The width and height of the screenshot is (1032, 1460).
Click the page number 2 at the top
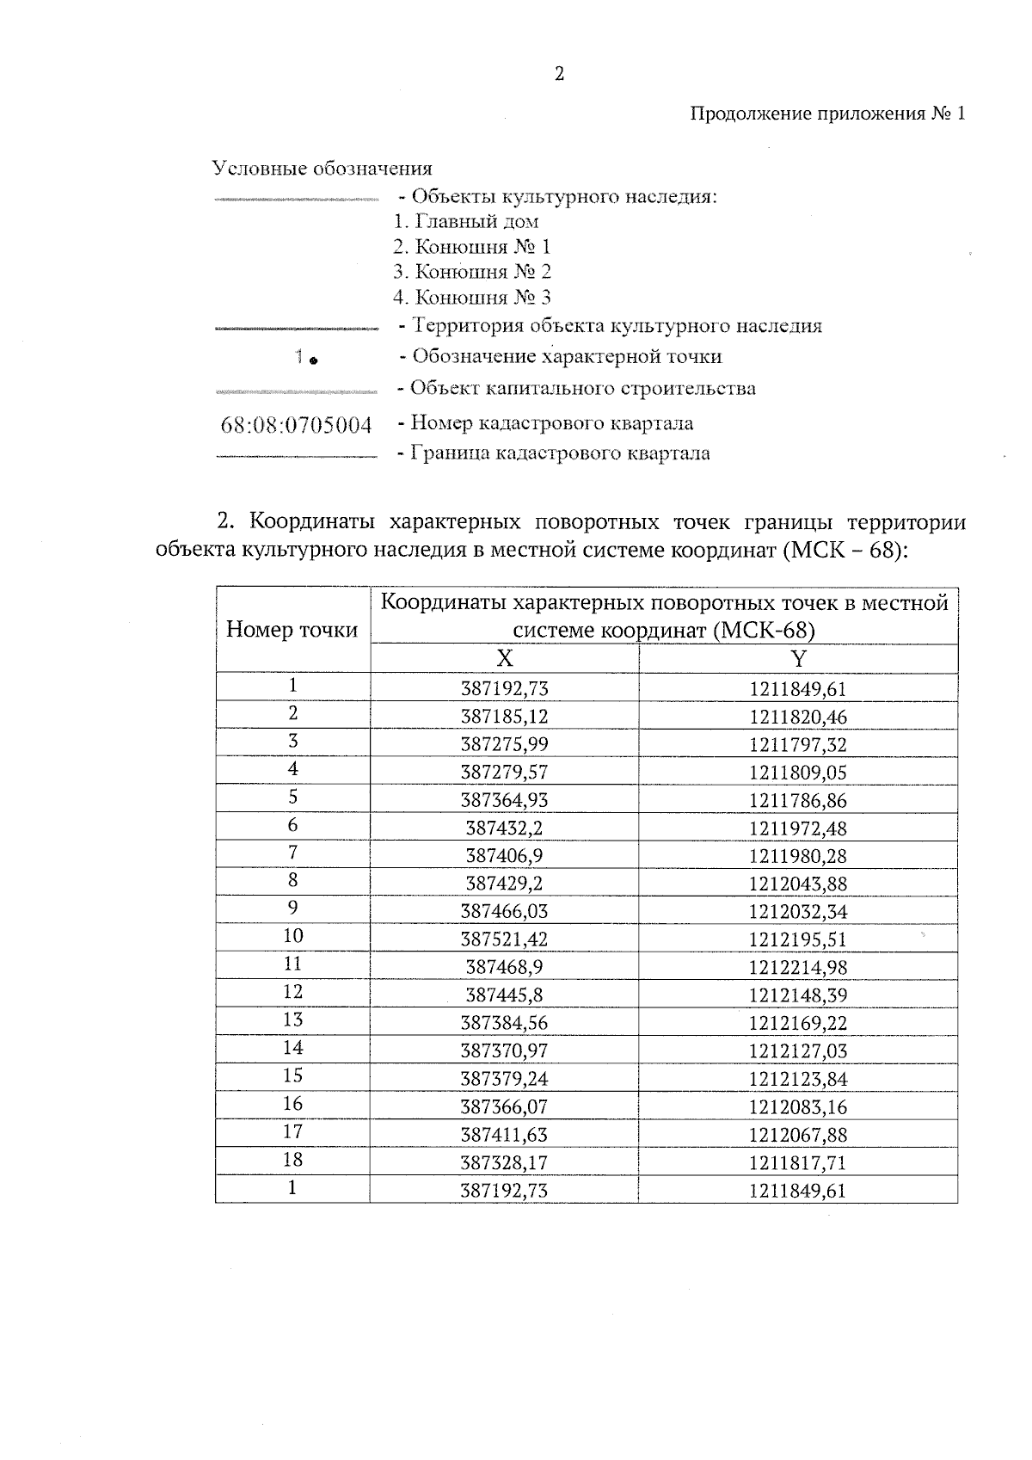pyautogui.click(x=559, y=74)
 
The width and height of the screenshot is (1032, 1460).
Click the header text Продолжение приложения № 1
pyautogui.click(x=828, y=114)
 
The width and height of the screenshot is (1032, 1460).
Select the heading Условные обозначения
pyautogui.click(x=322, y=168)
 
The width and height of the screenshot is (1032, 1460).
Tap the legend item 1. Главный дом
pyautogui.click(x=466, y=222)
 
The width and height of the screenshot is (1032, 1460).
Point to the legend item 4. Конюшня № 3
pyautogui.click(x=472, y=298)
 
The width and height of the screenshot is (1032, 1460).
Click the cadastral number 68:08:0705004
pyautogui.click(x=296, y=425)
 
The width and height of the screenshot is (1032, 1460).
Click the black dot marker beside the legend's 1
pyautogui.click(x=314, y=360)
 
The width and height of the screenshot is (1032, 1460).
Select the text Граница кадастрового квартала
pyautogui.click(x=560, y=453)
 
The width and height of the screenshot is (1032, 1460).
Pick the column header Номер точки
pyautogui.click(x=292, y=630)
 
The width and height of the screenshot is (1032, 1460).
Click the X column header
pyautogui.click(x=505, y=659)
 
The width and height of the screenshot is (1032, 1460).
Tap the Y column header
pyautogui.click(x=798, y=659)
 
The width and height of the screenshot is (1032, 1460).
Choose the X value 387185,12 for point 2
pyautogui.click(x=505, y=717)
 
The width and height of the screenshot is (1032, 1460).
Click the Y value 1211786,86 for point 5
pyautogui.click(x=798, y=801)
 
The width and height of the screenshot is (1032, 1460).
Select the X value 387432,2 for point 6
pyautogui.click(x=505, y=829)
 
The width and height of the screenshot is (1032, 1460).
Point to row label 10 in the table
pyautogui.click(x=293, y=936)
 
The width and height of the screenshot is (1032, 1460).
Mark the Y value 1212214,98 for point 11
pyautogui.click(x=798, y=968)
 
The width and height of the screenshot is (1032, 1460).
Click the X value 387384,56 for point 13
pyautogui.click(x=505, y=1023)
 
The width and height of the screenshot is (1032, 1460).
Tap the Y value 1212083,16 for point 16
pyautogui.click(x=798, y=1107)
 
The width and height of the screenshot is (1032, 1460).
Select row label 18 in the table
pyautogui.click(x=293, y=1160)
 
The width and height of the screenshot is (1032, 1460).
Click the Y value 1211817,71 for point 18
pyautogui.click(x=798, y=1163)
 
